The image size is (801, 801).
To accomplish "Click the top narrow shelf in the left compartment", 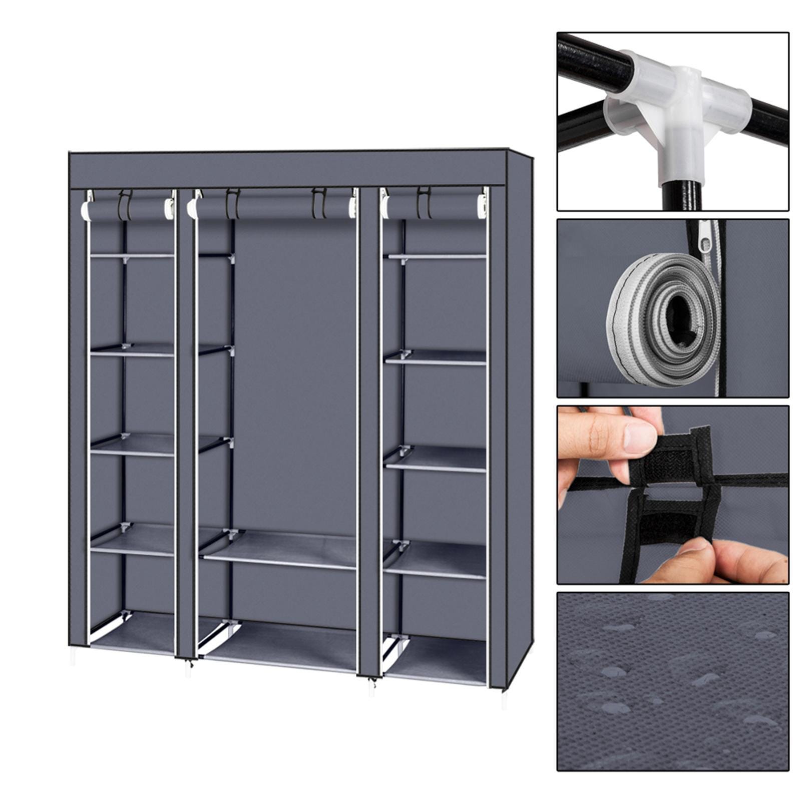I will tap(132, 256).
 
